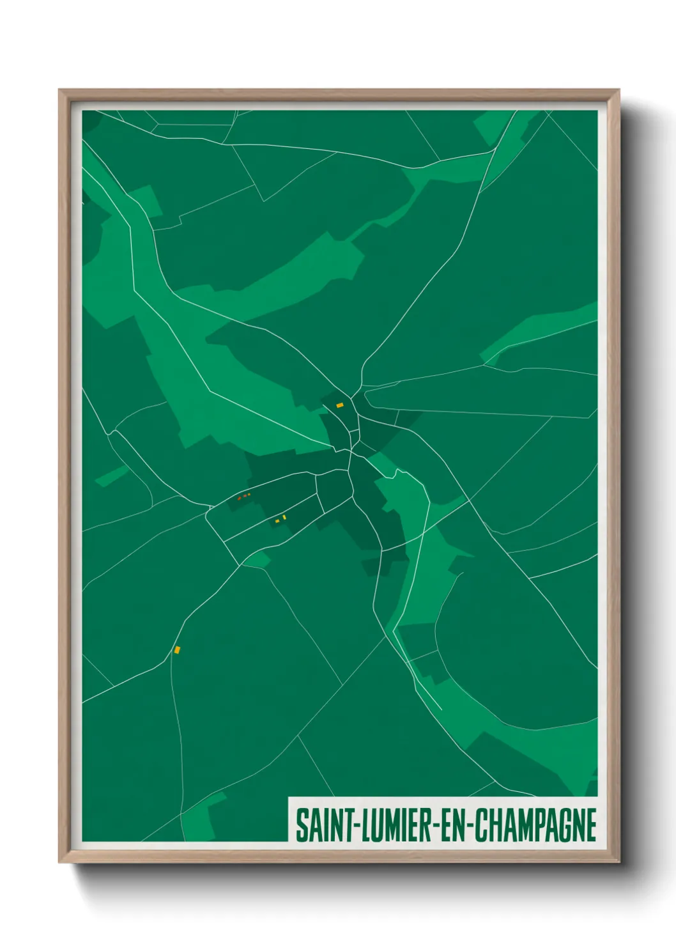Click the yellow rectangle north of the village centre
[340, 405]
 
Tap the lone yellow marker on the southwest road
[177, 649]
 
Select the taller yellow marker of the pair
[284, 517]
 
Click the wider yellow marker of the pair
[277, 522]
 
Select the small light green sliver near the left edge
[112, 476]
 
